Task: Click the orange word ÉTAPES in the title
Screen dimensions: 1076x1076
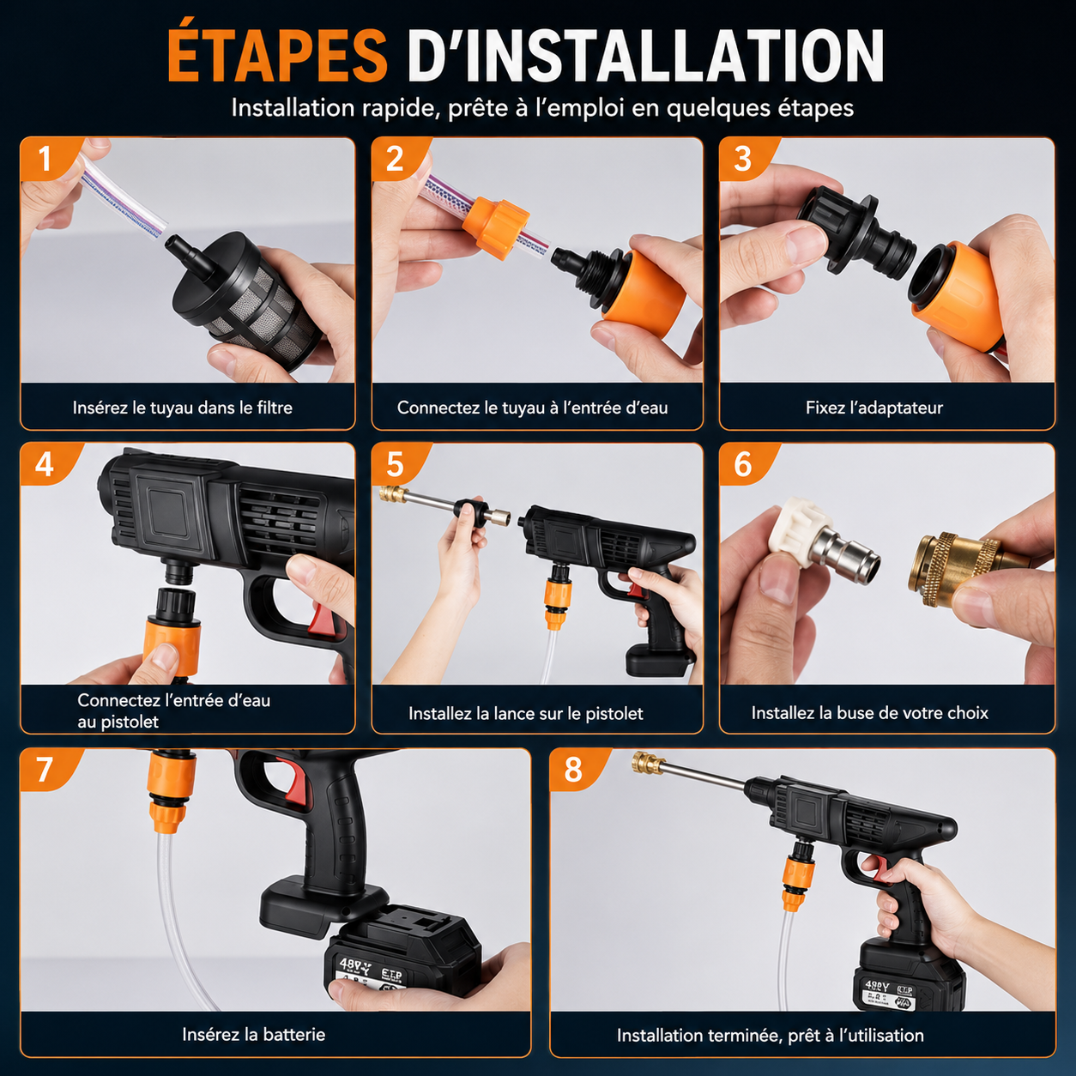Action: click(277, 56)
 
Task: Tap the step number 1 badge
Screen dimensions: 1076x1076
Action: click(45, 158)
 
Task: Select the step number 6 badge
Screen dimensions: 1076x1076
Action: click(743, 464)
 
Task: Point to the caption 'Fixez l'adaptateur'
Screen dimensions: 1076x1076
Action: click(873, 408)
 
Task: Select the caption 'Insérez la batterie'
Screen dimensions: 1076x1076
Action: click(253, 1034)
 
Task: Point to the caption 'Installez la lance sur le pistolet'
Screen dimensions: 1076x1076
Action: click(525, 713)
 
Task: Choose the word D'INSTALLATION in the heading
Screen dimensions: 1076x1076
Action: click(645, 56)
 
